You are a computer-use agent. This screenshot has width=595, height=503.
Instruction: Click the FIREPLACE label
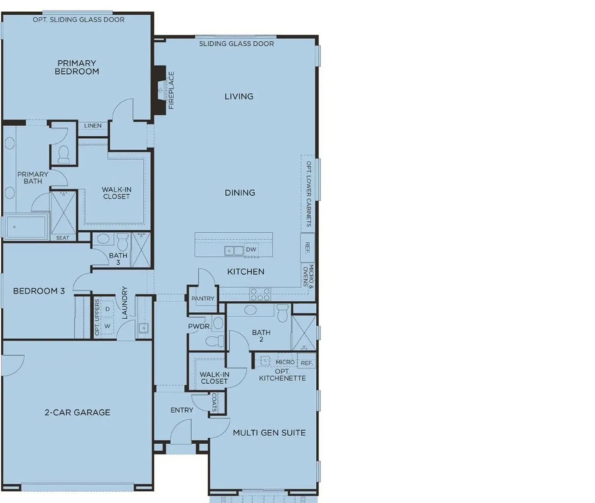pyautogui.click(x=171, y=90)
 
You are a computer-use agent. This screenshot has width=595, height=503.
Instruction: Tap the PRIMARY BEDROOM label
pyautogui.click(x=77, y=67)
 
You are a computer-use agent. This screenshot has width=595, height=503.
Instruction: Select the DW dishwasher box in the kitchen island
pyautogui.click(x=251, y=249)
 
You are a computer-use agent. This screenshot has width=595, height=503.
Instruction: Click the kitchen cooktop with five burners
pyautogui.click(x=260, y=294)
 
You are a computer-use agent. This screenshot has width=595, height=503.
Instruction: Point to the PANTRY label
pyautogui.click(x=203, y=298)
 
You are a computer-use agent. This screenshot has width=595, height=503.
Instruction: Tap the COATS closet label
pyautogui.click(x=214, y=403)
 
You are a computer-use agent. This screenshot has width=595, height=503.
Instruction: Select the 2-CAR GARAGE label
pyautogui.click(x=77, y=412)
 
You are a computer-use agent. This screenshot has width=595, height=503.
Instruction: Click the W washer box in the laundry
pyautogui.click(x=107, y=326)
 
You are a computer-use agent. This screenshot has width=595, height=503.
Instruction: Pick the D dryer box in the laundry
pyautogui.click(x=107, y=309)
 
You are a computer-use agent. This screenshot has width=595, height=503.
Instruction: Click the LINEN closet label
pyautogui.click(x=93, y=126)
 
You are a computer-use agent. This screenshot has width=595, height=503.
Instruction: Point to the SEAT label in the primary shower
pyautogui.click(x=62, y=238)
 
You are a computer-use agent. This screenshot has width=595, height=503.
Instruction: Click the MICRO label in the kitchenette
pyautogui.click(x=285, y=362)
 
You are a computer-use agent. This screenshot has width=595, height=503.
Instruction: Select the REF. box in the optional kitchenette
pyautogui.click(x=307, y=362)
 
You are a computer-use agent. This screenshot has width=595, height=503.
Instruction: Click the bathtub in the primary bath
pyautogui.click(x=26, y=227)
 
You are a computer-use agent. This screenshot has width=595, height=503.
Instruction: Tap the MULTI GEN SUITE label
pyautogui.click(x=269, y=433)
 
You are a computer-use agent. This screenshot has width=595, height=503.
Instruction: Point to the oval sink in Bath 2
pyautogui.click(x=250, y=310)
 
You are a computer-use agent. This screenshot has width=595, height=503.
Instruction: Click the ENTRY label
pyautogui.click(x=182, y=410)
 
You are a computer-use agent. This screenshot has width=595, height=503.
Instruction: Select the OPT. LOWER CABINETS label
pyautogui.click(x=308, y=194)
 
